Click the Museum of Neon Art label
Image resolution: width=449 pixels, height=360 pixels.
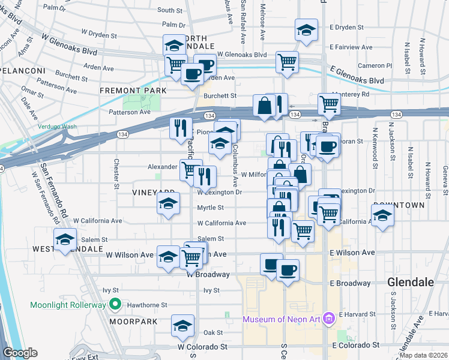281,319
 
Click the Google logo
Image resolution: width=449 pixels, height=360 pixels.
20,353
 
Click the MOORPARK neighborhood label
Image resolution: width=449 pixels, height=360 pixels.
133,322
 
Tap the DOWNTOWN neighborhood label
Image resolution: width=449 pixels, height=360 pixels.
399,205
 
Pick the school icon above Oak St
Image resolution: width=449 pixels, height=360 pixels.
182,326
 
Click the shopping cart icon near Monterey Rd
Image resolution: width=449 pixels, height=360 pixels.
329,104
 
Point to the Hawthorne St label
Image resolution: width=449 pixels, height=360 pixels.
144,305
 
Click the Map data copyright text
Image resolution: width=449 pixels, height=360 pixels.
424,355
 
